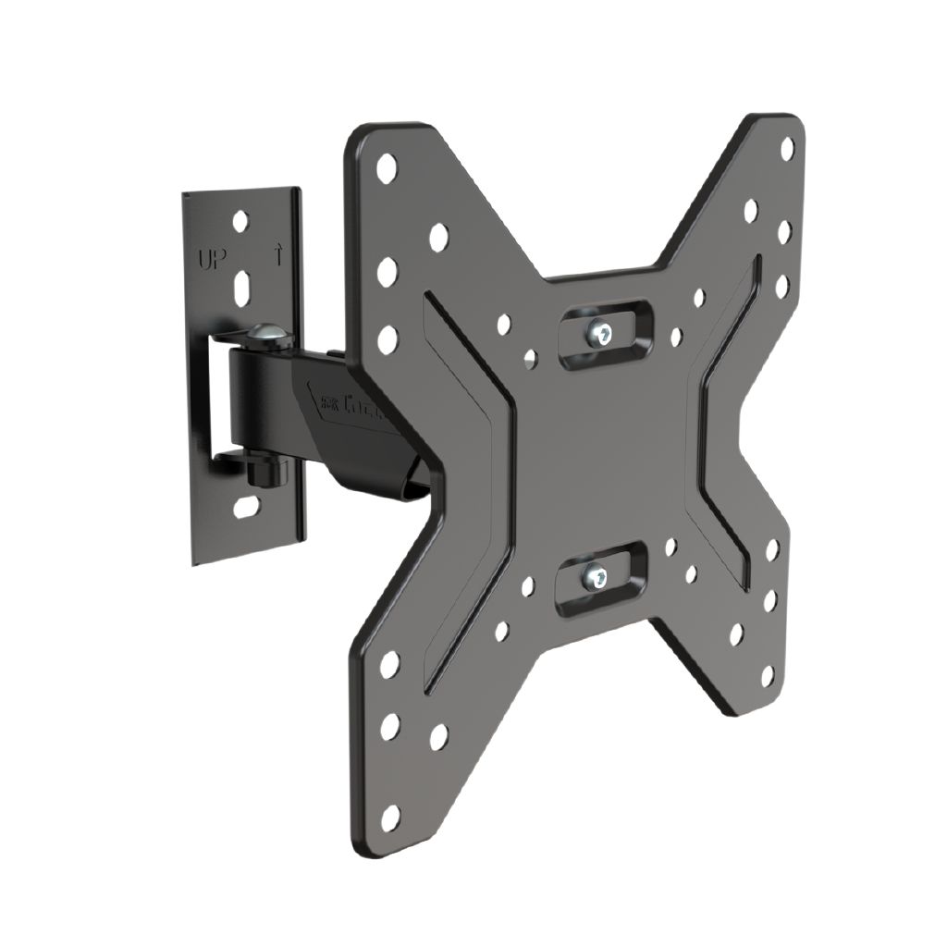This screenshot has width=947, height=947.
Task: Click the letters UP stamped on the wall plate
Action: (x=210, y=257)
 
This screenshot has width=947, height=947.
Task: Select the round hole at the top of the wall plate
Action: (x=240, y=221)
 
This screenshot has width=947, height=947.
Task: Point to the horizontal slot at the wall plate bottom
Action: (x=246, y=507)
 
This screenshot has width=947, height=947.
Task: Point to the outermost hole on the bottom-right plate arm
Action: (x=767, y=676)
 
